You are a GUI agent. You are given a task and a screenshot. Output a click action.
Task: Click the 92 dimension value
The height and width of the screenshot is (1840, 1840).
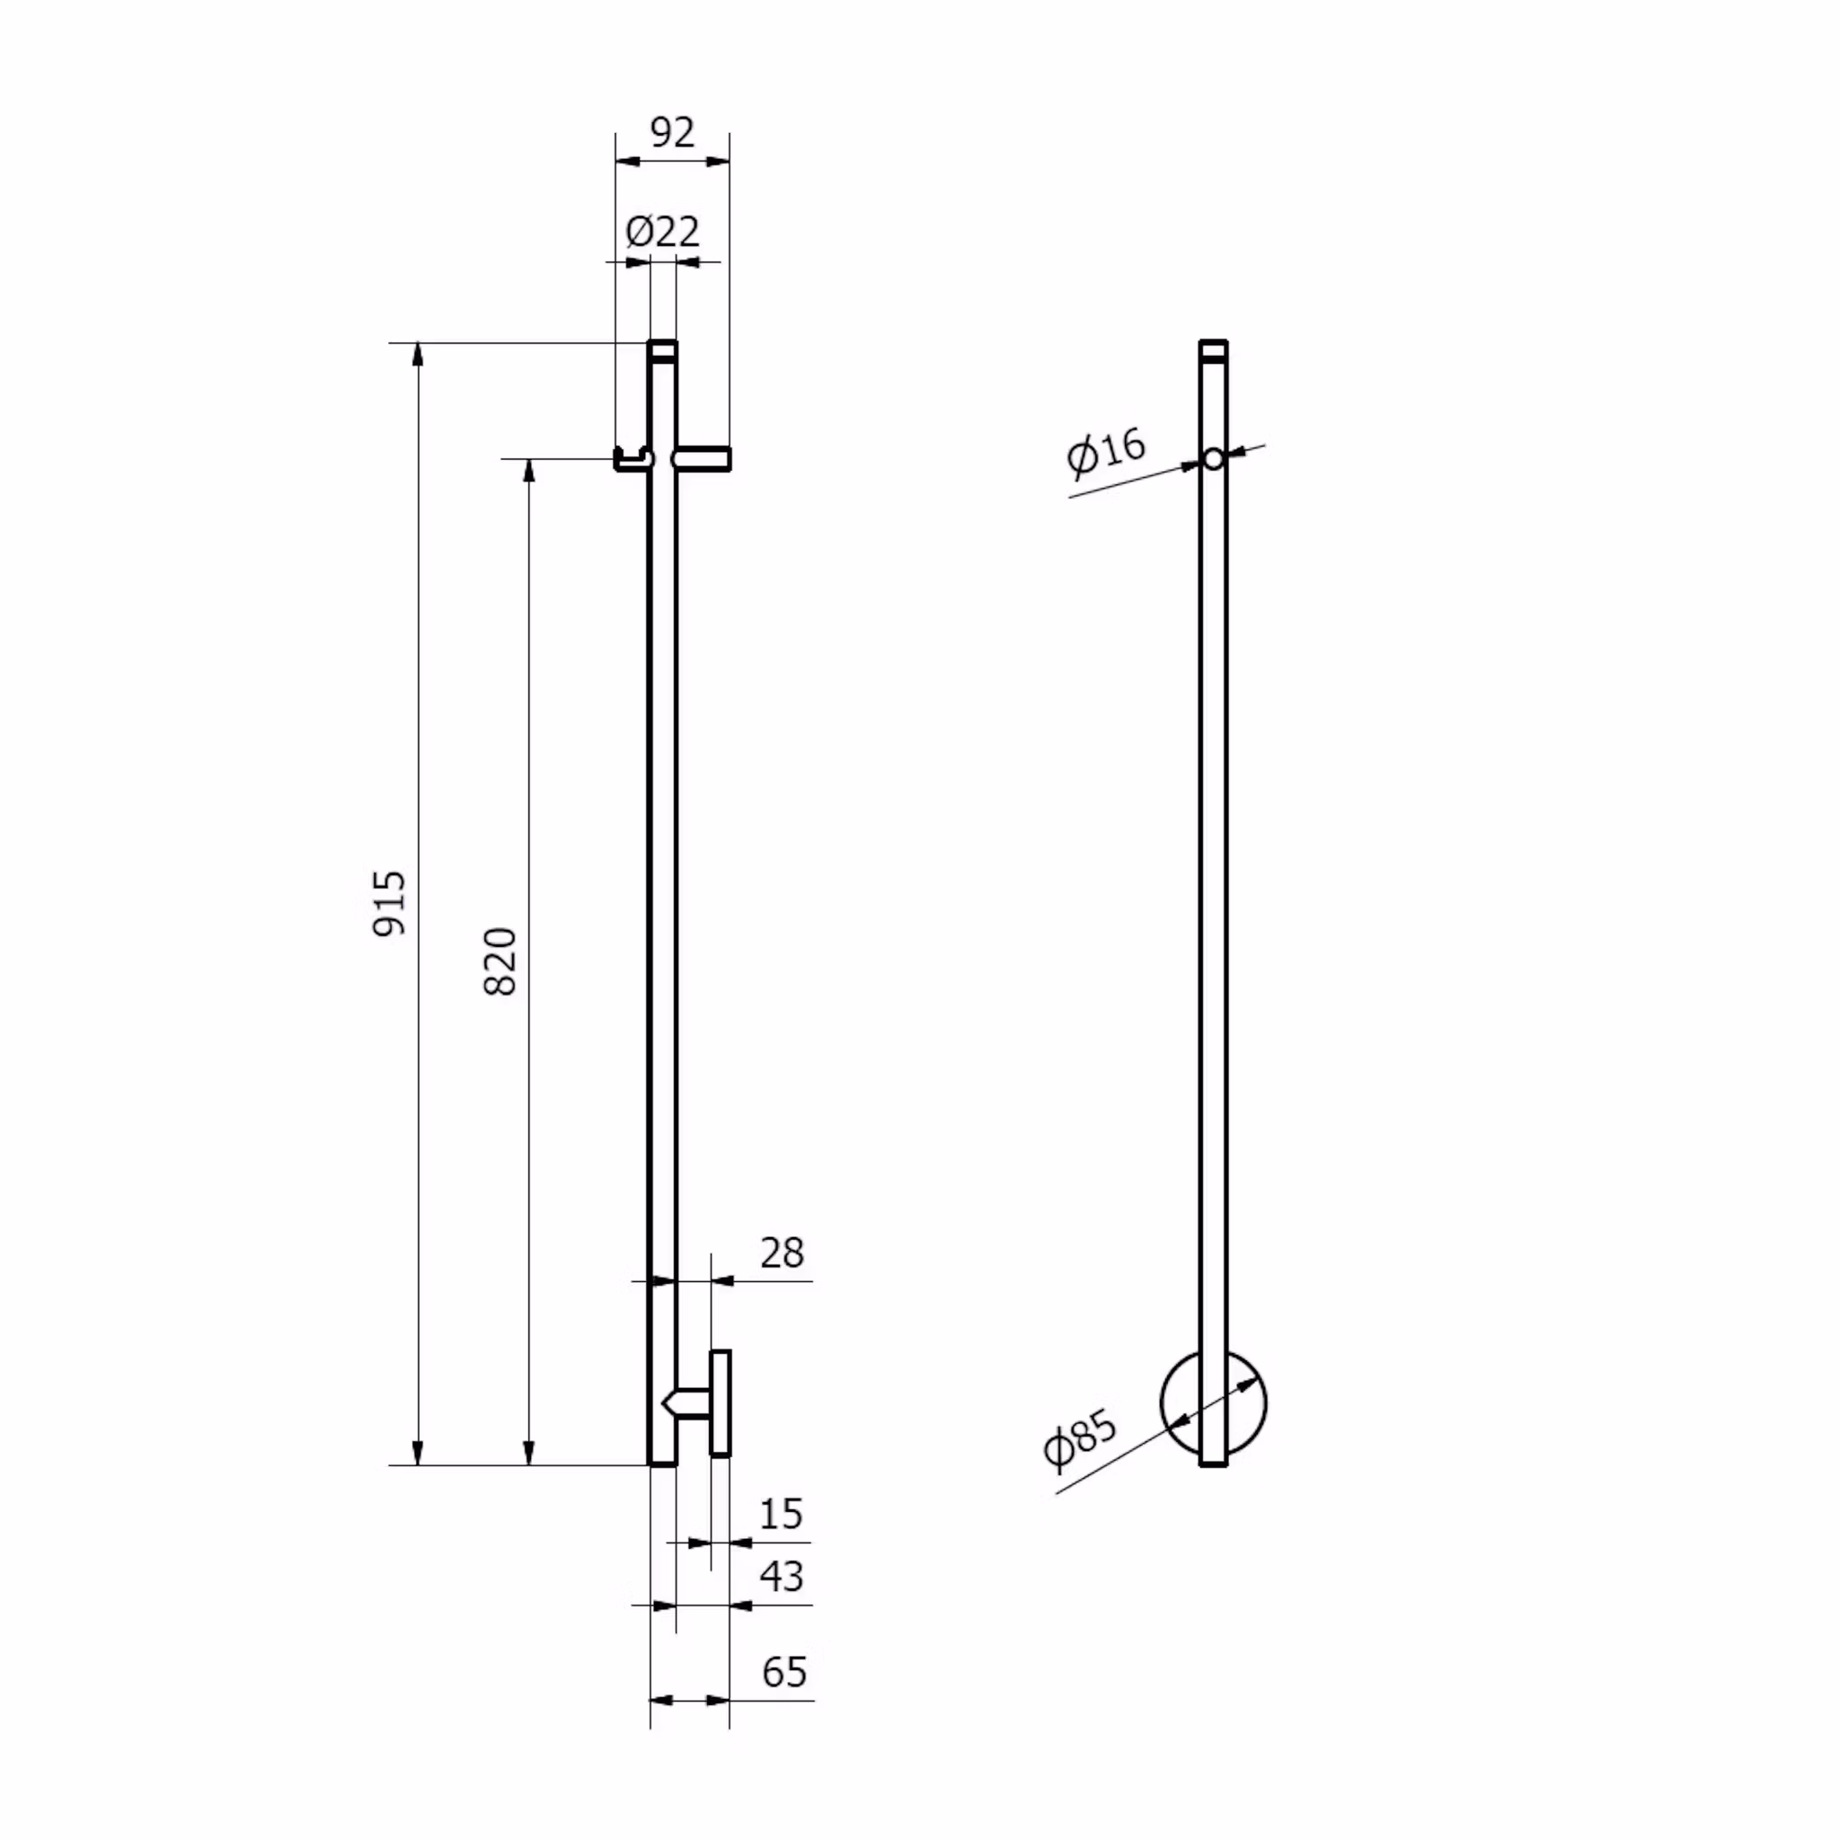(x=672, y=132)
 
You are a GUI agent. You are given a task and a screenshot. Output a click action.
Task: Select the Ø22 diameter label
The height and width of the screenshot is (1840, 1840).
(x=662, y=232)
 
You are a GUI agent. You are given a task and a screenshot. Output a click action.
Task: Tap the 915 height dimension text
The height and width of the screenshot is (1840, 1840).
(x=390, y=903)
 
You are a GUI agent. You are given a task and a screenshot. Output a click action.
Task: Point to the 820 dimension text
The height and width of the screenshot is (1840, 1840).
(x=501, y=961)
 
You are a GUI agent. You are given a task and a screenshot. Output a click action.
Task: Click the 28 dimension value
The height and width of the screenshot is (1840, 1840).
(x=782, y=1252)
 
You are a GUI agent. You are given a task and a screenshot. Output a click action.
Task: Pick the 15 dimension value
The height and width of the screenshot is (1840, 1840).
(x=781, y=1513)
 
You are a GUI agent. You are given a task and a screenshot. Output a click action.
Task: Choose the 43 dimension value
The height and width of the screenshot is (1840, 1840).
(x=782, y=1576)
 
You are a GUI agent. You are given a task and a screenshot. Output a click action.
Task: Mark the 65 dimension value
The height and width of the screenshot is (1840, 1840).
(x=783, y=1671)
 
